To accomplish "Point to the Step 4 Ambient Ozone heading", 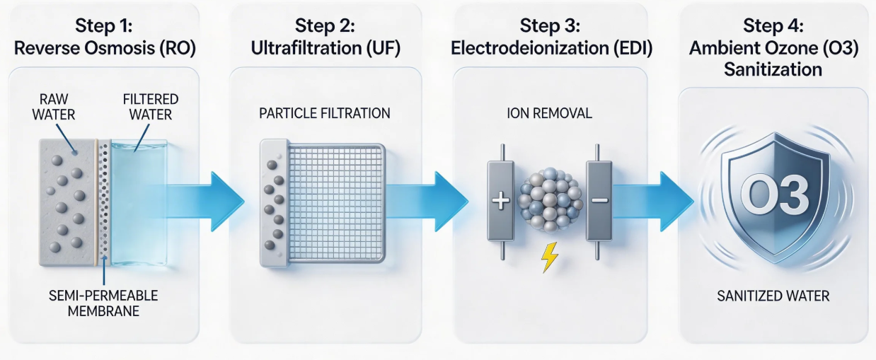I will pos(773,48).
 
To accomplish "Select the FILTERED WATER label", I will pos(150,106).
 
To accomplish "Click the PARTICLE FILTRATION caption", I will pos(325,113).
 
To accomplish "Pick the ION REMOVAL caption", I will pos(549,113).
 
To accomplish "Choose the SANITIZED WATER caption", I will pos(773,296).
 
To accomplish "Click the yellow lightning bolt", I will pos(549,258).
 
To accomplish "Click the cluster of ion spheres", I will pos(549,198).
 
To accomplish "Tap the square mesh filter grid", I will pos(335,203).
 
